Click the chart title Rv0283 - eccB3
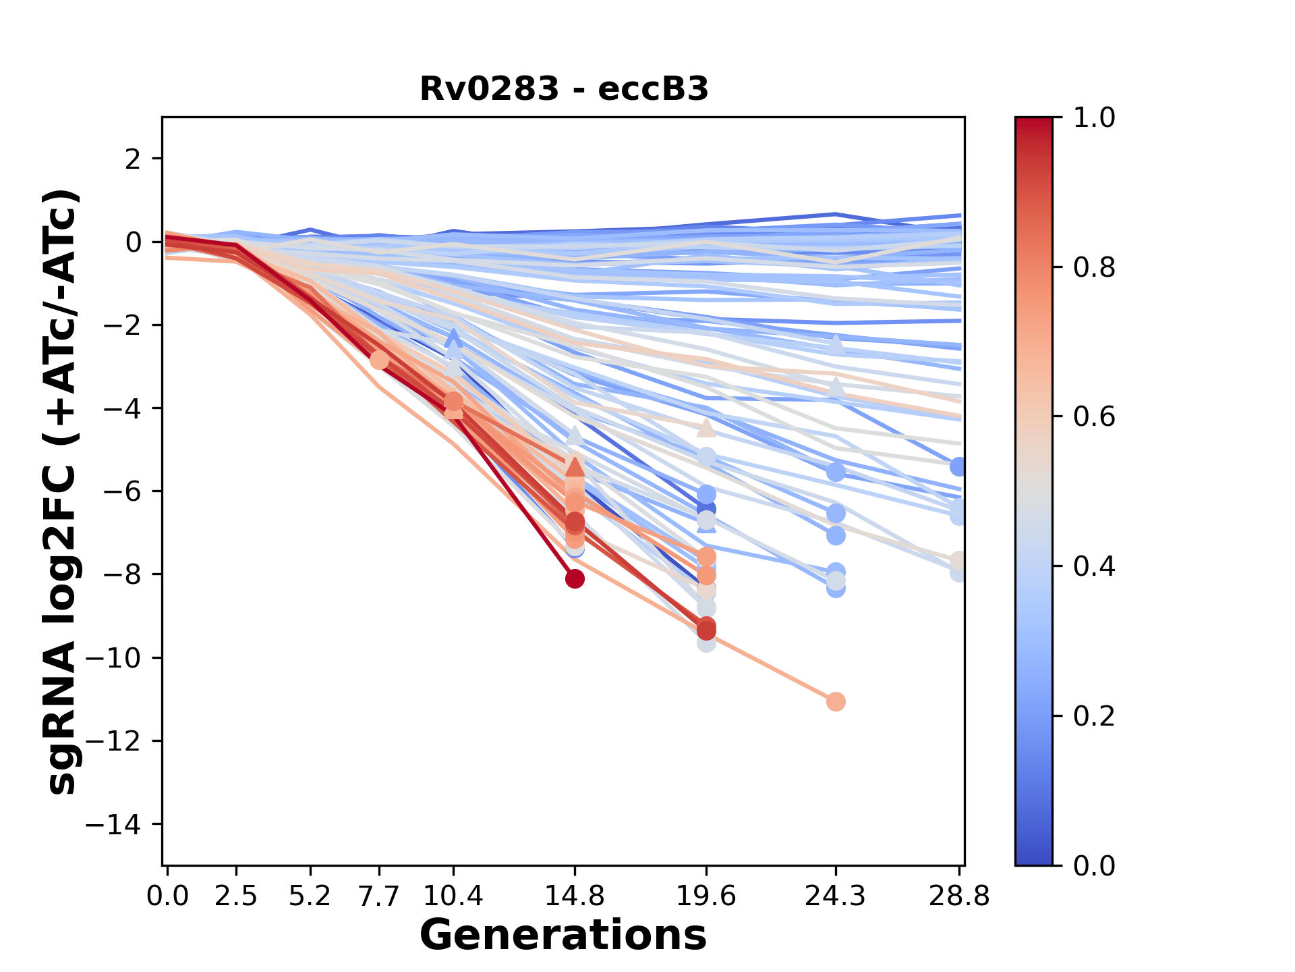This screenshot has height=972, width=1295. click(564, 89)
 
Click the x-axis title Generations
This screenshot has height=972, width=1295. click(563, 936)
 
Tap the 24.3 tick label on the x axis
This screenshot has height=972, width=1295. click(836, 896)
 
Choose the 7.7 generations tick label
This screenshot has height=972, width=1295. click(379, 896)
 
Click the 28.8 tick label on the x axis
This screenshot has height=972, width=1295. click(959, 896)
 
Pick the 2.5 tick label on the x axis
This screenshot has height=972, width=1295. click(237, 896)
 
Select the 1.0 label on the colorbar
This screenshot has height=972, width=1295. click(1094, 118)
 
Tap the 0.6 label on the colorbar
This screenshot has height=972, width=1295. click(1094, 416)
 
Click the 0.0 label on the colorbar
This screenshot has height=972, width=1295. click(1094, 865)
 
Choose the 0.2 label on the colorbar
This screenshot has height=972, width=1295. click(1094, 715)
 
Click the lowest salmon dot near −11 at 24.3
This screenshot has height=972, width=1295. click(836, 702)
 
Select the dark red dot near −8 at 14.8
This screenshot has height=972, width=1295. click(575, 578)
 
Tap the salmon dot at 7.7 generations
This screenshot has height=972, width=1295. click(379, 360)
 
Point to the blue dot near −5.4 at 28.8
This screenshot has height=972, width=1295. click(958, 466)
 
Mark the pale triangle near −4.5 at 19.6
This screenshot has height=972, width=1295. click(706, 428)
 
